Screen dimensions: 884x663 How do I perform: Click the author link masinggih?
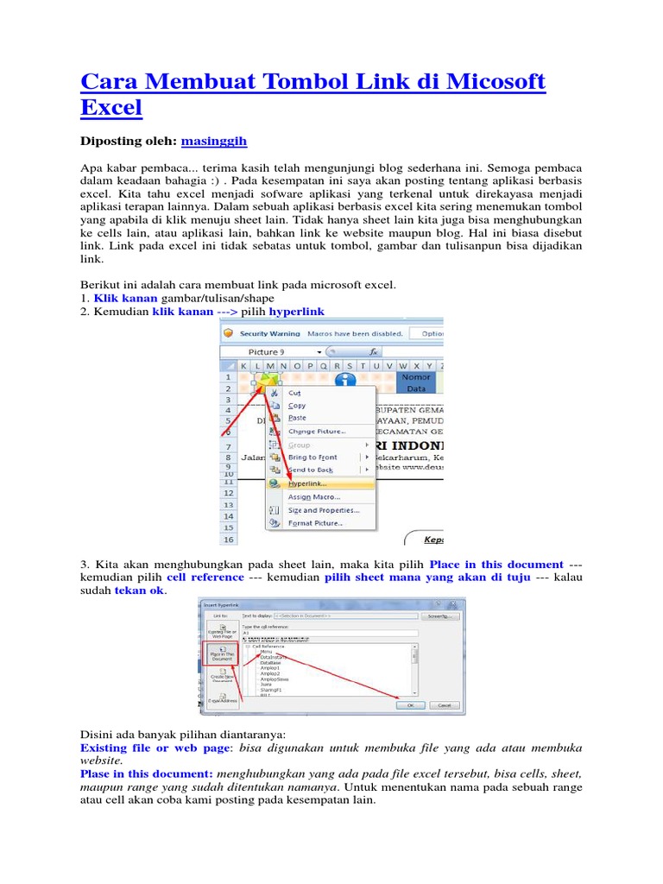219,140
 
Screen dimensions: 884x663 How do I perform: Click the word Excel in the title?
110,109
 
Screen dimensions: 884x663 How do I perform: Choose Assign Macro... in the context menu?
313,496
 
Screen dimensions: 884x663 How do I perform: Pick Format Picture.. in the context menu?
315,523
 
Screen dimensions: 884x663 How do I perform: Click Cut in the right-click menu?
294,392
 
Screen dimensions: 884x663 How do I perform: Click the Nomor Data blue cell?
416,382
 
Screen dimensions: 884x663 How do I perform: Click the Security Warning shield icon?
228,332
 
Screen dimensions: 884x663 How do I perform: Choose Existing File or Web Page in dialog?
222,631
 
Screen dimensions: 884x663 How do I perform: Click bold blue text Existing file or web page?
154,748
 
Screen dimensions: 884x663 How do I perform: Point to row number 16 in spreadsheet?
228,540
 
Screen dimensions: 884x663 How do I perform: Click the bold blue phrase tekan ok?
138,591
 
